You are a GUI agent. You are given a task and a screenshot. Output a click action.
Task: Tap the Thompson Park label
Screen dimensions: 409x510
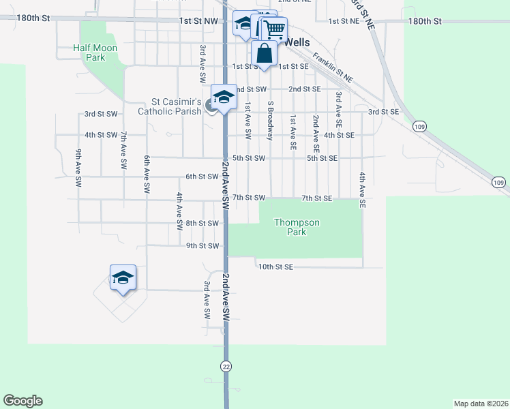click(297, 227)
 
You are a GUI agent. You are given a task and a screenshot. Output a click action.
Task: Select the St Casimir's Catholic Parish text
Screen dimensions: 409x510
click(170, 107)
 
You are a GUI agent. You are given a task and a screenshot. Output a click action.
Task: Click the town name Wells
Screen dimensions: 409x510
click(297, 42)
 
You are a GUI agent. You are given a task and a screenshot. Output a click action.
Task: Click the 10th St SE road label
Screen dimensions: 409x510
click(275, 267)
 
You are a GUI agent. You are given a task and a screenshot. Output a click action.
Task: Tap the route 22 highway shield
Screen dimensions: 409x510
click(226, 366)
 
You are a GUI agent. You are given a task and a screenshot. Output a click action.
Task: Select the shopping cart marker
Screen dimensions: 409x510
click(273, 30)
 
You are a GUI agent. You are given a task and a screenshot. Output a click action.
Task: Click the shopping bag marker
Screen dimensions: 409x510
click(264, 53)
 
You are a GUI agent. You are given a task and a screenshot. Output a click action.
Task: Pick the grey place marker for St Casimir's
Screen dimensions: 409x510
click(210, 106)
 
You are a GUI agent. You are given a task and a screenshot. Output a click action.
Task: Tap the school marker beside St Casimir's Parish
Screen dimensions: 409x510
click(224, 97)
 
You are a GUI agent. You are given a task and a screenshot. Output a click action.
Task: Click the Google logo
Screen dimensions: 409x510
click(22, 401)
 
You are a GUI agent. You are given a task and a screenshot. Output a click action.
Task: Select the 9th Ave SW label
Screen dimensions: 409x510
click(79, 168)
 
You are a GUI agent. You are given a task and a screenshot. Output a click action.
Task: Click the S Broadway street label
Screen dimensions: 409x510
click(271, 121)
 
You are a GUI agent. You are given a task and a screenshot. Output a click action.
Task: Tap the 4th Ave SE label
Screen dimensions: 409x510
click(363, 190)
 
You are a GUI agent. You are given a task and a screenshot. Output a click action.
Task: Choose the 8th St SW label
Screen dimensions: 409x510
click(202, 223)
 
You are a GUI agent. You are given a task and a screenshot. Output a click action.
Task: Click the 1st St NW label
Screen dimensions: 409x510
click(198, 22)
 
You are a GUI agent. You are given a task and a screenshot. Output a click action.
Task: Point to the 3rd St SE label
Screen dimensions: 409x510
click(383, 112)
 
